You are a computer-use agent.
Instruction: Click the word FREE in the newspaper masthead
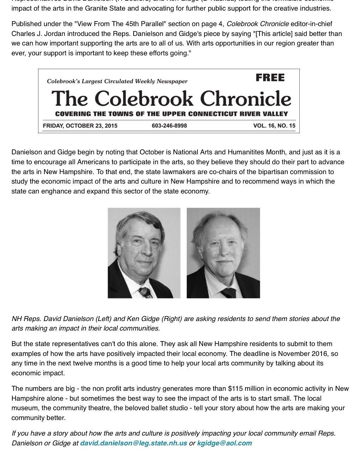point(270,78)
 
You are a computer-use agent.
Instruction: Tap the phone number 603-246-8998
point(169,126)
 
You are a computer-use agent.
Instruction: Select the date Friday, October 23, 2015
point(80,126)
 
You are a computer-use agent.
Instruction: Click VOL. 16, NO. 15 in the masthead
point(274,126)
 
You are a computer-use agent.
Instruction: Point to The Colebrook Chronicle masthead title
point(171,99)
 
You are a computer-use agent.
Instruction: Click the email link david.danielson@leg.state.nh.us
point(134,443)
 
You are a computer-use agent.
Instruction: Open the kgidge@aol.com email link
point(225,443)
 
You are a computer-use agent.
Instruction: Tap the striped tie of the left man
point(145,292)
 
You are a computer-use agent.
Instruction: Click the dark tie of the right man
point(228,292)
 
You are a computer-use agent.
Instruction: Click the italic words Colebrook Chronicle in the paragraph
point(258,24)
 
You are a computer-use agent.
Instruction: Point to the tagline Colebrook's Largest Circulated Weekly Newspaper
point(117,81)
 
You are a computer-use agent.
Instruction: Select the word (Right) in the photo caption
point(171,319)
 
